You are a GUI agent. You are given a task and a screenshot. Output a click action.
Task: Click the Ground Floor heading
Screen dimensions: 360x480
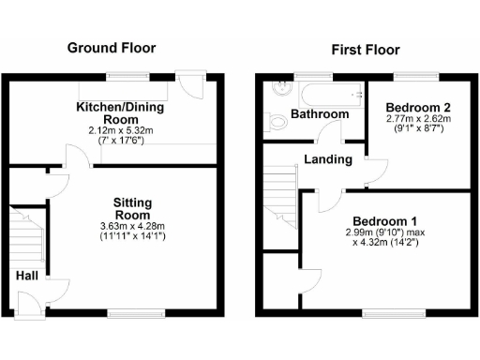coord(112,48)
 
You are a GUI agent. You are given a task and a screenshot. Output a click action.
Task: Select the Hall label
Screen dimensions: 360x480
coord(26,276)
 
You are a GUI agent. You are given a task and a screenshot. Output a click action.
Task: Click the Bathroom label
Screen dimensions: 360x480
coord(319,114)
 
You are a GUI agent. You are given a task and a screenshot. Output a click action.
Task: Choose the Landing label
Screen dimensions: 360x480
coord(328,159)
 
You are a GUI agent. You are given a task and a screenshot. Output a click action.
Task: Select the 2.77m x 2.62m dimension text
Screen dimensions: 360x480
coord(418,120)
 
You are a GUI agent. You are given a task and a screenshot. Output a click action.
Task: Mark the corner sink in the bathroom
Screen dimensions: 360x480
coord(278,90)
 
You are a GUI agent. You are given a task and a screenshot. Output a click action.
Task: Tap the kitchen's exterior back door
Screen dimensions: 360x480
coord(194,86)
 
